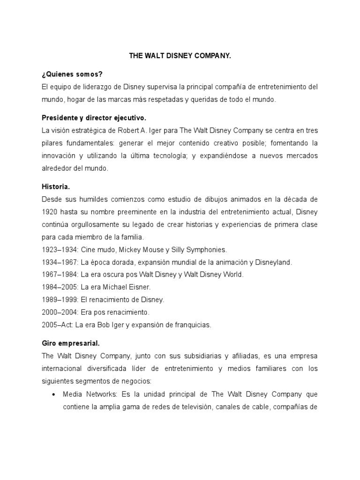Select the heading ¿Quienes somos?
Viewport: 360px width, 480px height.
(67, 75)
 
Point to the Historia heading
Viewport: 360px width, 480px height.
(55, 187)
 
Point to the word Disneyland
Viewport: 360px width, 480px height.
(272, 262)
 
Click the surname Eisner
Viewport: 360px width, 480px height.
(150, 287)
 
